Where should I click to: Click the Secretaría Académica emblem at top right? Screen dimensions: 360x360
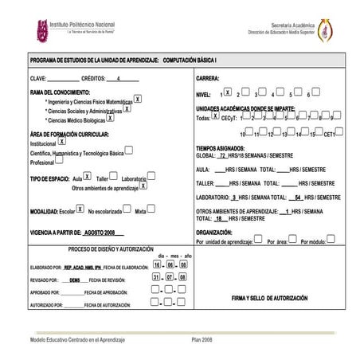tap(326, 32)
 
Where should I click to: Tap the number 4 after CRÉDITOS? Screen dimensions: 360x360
tap(118, 80)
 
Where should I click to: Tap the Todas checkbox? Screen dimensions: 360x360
tap(215, 115)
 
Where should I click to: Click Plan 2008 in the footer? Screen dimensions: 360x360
tap(202, 339)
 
